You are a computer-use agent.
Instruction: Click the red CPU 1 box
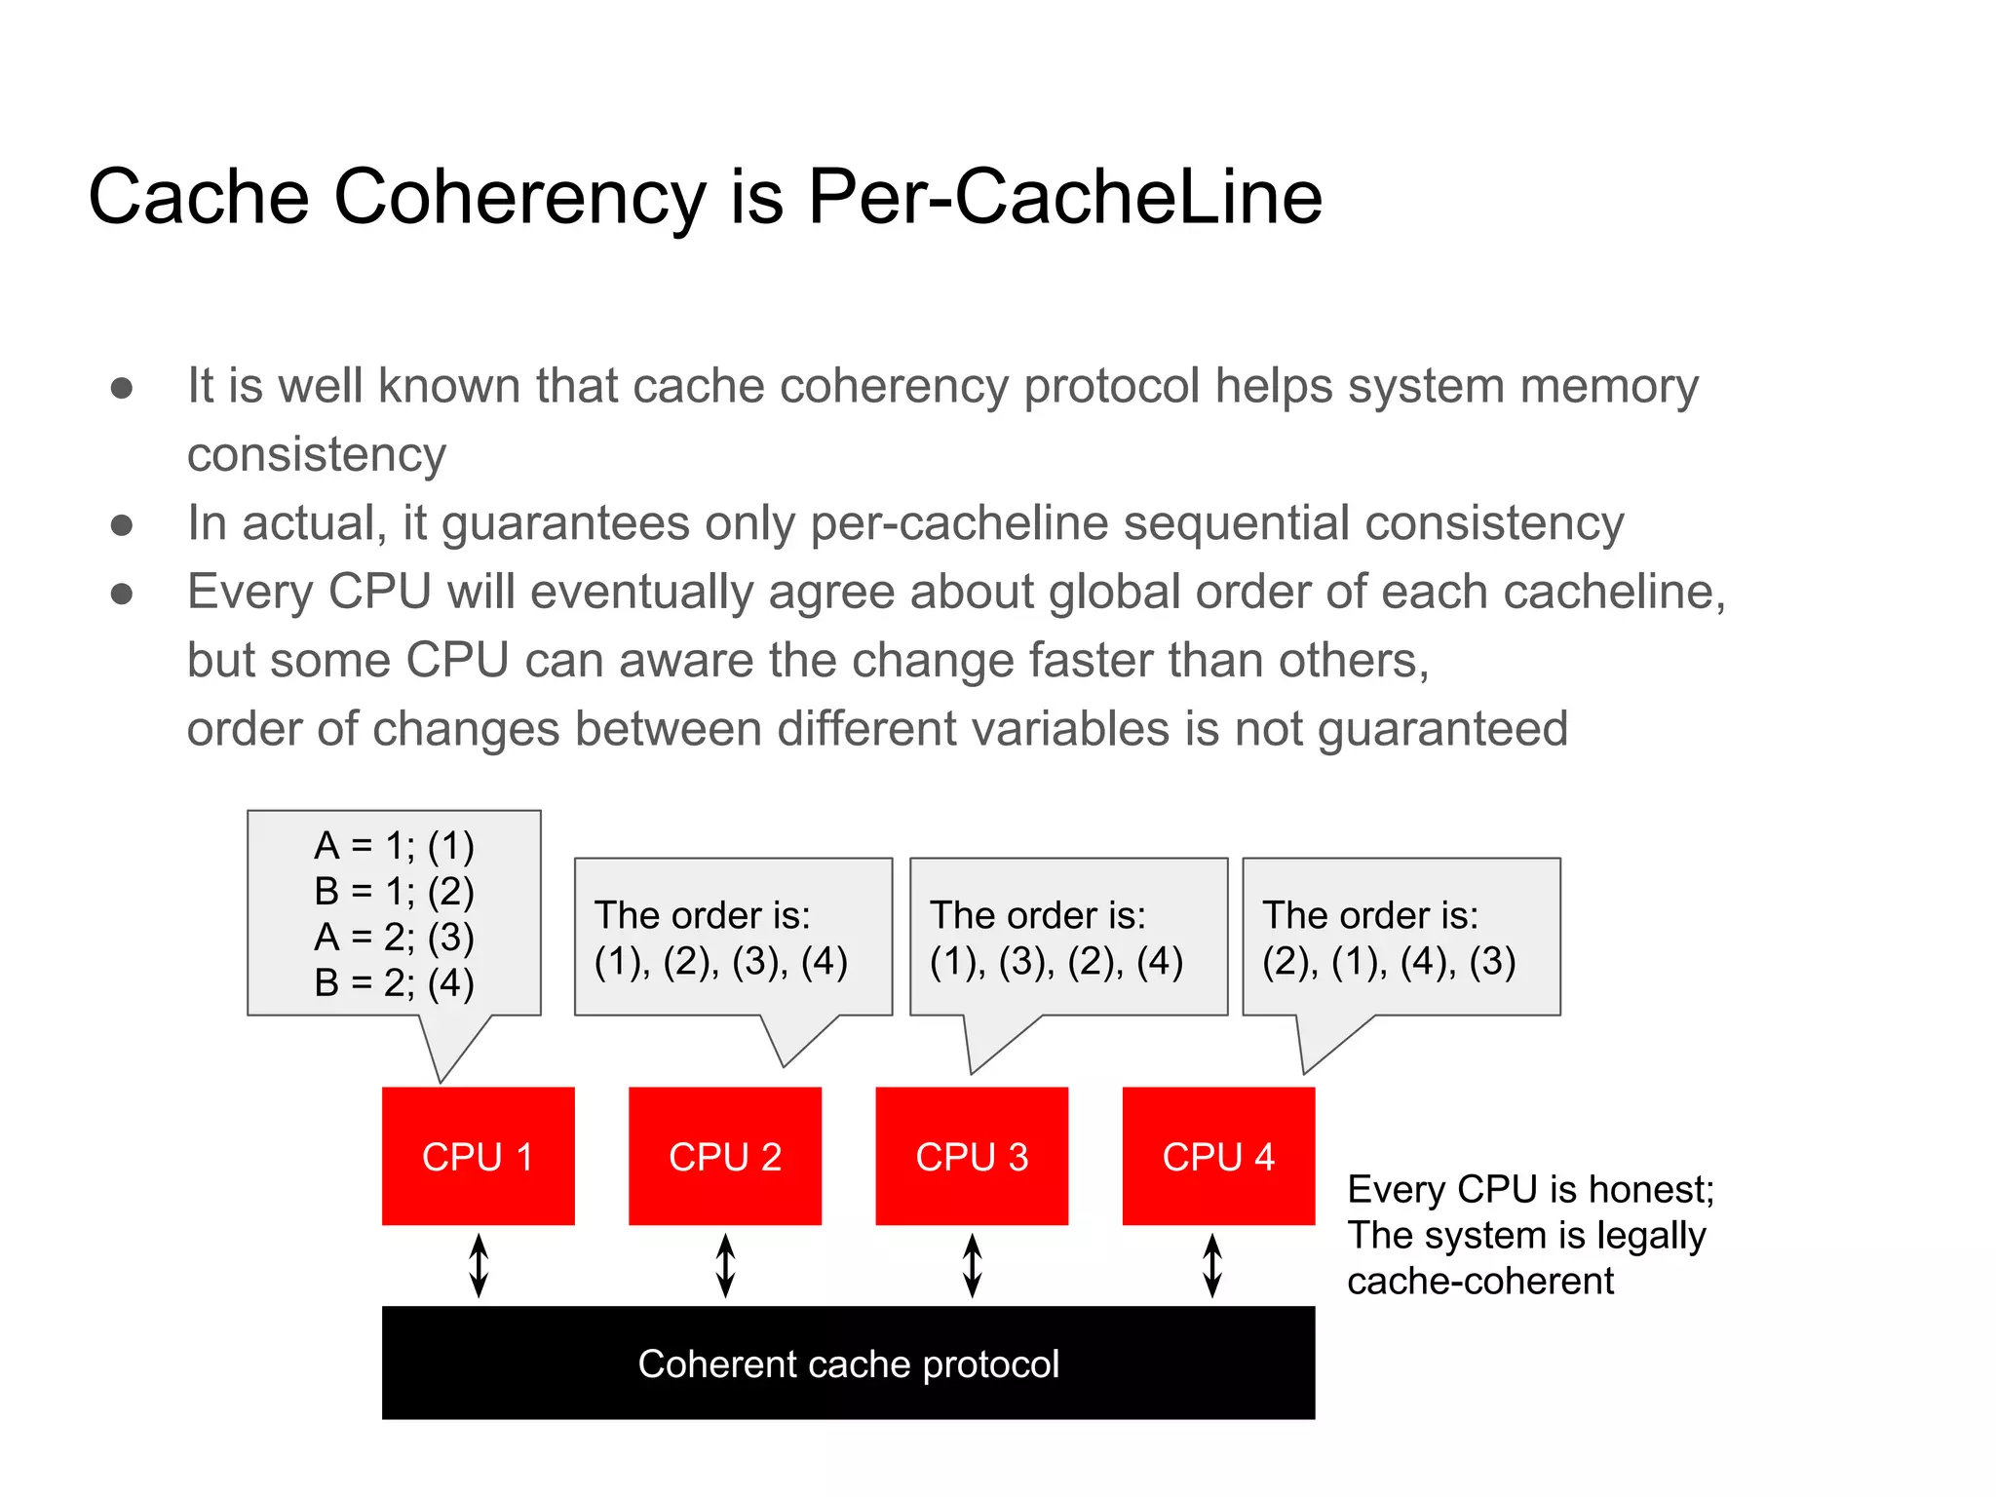pos(478,1156)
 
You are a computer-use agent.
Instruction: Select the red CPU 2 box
pos(725,1156)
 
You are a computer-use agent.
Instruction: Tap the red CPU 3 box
pos(972,1156)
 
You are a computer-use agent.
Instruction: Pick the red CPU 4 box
pos(1218,1156)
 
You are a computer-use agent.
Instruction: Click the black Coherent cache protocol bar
pos(848,1363)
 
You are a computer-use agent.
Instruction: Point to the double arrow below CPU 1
pos(479,1265)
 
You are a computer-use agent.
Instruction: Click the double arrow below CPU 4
pos(1212,1265)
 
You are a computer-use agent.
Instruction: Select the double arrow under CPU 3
pos(972,1265)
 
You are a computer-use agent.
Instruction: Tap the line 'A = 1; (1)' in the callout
pos(394,846)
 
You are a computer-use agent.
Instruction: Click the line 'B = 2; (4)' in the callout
pos(394,982)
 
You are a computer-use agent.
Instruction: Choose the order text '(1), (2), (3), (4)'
pos(721,962)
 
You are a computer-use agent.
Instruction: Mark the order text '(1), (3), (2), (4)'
pos(1056,962)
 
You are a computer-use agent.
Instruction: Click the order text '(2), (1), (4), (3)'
pos(1389,962)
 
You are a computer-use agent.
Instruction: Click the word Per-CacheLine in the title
pos(1064,197)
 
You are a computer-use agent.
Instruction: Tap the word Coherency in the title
pos(519,197)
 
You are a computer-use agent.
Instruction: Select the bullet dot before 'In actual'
pos(122,525)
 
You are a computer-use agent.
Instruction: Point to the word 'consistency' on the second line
pos(317,455)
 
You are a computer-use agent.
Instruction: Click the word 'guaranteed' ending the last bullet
pos(1442,729)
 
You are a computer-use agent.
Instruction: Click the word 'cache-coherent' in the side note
pos(1480,1281)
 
